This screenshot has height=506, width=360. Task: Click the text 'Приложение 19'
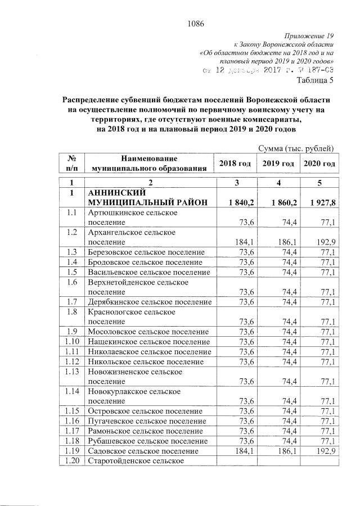click(x=311, y=34)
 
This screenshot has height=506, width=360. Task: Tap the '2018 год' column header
click(x=235, y=163)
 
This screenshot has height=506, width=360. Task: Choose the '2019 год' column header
click(x=277, y=163)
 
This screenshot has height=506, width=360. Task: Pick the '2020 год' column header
click(x=319, y=163)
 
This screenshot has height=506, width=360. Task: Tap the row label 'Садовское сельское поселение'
click(x=143, y=451)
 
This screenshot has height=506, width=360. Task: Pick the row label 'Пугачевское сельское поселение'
click(x=147, y=421)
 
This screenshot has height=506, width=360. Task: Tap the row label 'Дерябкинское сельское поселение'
click(x=148, y=301)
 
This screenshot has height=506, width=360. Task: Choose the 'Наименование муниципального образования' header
click(x=148, y=163)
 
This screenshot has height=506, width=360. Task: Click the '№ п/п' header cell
click(x=71, y=163)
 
